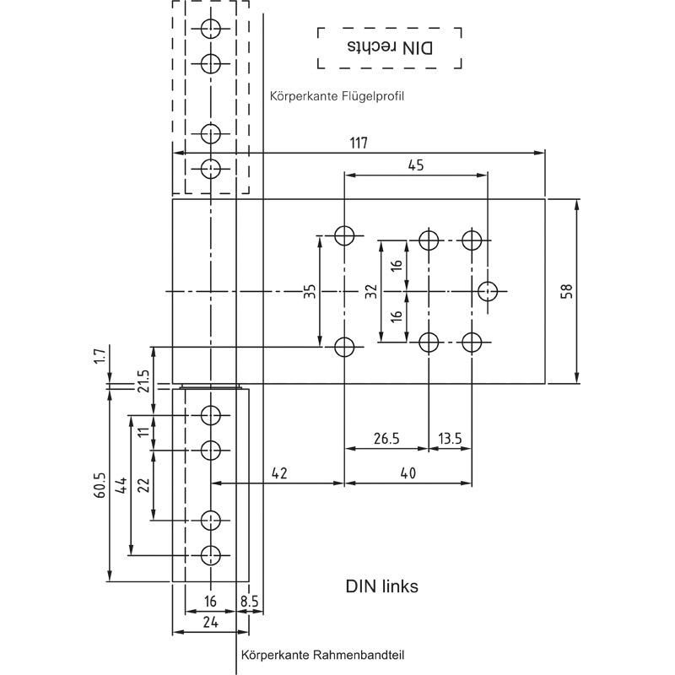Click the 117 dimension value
(359, 143)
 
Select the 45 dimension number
(415, 165)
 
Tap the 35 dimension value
(310, 291)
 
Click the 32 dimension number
(370, 291)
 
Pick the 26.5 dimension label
(386, 438)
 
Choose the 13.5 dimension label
(450, 438)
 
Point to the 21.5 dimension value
(143, 381)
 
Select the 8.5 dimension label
(250, 602)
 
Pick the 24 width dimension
(210, 622)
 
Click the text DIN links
(381, 586)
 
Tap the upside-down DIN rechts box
(389, 47)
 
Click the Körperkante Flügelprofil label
(337, 96)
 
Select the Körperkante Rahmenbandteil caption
(316, 655)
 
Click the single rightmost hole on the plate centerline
(488, 291)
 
